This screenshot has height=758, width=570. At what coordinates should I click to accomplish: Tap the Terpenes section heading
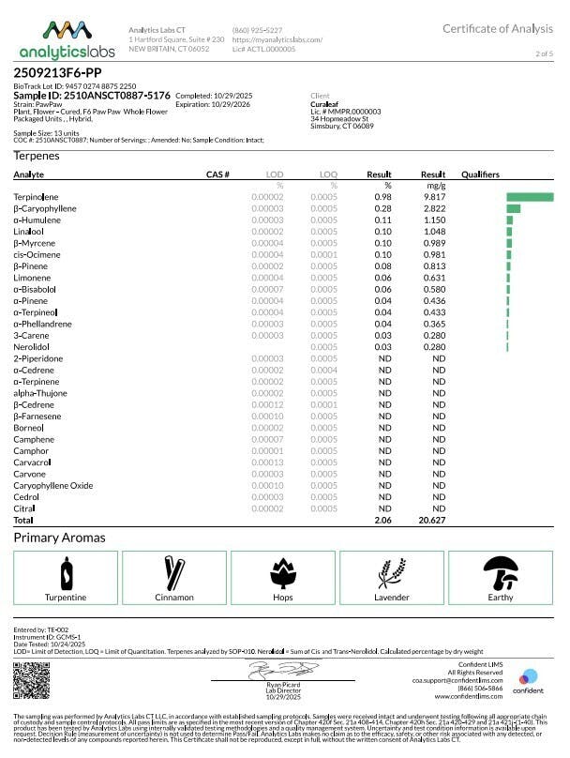pyautogui.click(x=37, y=156)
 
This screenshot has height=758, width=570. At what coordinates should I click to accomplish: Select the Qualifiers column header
pyautogui.click(x=480, y=174)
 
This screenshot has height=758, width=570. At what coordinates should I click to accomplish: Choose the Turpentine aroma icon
pyautogui.click(x=67, y=573)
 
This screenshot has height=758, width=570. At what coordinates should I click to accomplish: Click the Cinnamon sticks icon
pyautogui.click(x=174, y=573)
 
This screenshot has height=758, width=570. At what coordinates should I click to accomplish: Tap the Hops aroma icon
pyautogui.click(x=283, y=573)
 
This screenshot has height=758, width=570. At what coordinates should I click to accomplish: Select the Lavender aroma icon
pyautogui.click(x=391, y=573)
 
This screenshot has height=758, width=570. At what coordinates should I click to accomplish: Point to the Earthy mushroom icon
pyautogui.click(x=500, y=573)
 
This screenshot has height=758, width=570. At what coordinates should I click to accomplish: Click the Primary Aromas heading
pyautogui.click(x=59, y=538)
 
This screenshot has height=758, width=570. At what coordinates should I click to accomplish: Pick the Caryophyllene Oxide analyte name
pyautogui.click(x=53, y=485)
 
